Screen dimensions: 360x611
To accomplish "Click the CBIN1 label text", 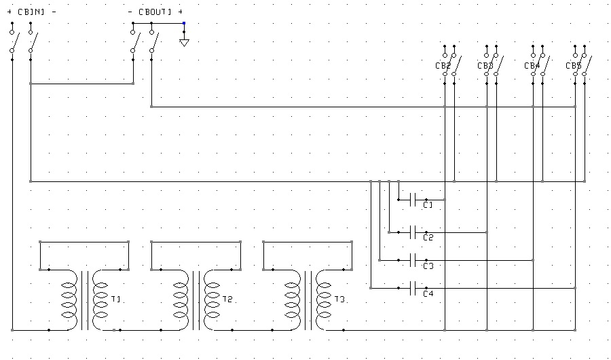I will tap(31, 12).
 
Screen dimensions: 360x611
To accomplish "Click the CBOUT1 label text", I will tap(155, 12).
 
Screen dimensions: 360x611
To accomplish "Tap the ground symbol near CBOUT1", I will tap(184, 43).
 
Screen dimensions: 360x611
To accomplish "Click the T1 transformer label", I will tap(116, 300).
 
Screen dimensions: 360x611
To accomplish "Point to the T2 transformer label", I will tap(227, 300).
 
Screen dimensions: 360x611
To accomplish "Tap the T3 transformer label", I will tap(339, 300).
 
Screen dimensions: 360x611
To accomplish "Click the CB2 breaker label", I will tap(443, 66).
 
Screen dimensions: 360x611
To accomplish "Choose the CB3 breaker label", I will tap(485, 66).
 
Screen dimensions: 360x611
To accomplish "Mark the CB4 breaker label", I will tap(532, 66).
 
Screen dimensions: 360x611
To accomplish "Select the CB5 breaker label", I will tap(574, 66).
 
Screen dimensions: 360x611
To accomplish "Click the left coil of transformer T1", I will tap(69, 301).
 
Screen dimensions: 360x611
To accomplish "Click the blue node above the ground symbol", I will tap(184, 23).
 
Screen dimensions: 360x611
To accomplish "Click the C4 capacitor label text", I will tap(428, 293).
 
